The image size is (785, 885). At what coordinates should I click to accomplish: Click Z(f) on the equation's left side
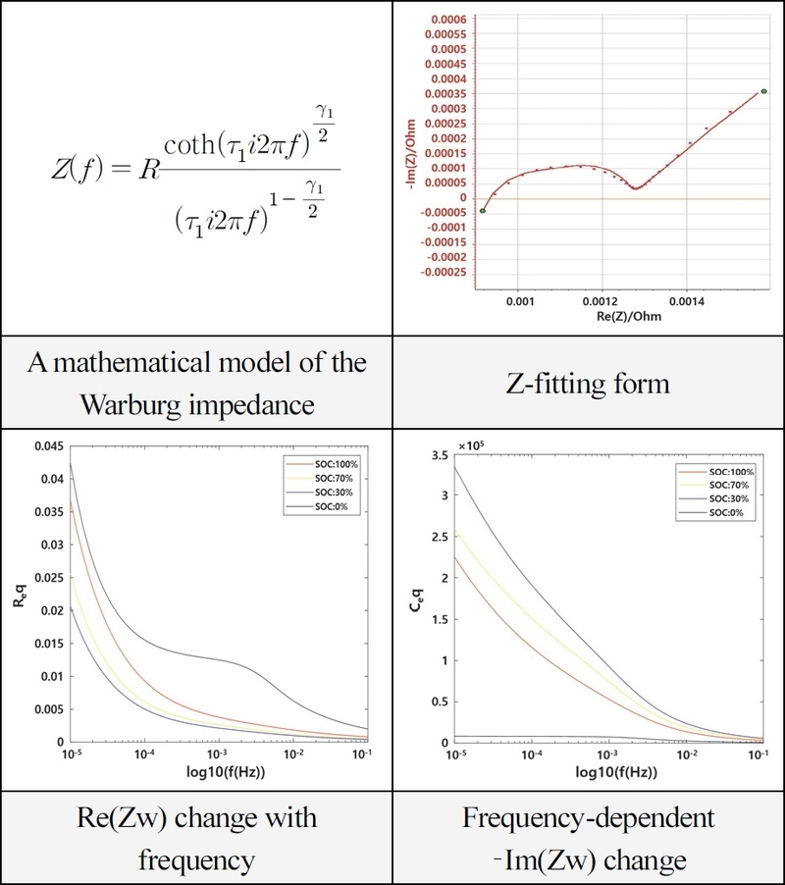click(x=74, y=168)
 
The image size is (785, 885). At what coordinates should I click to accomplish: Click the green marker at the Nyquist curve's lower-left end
click(x=483, y=210)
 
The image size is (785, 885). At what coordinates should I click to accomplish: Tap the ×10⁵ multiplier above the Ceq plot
click(x=472, y=447)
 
